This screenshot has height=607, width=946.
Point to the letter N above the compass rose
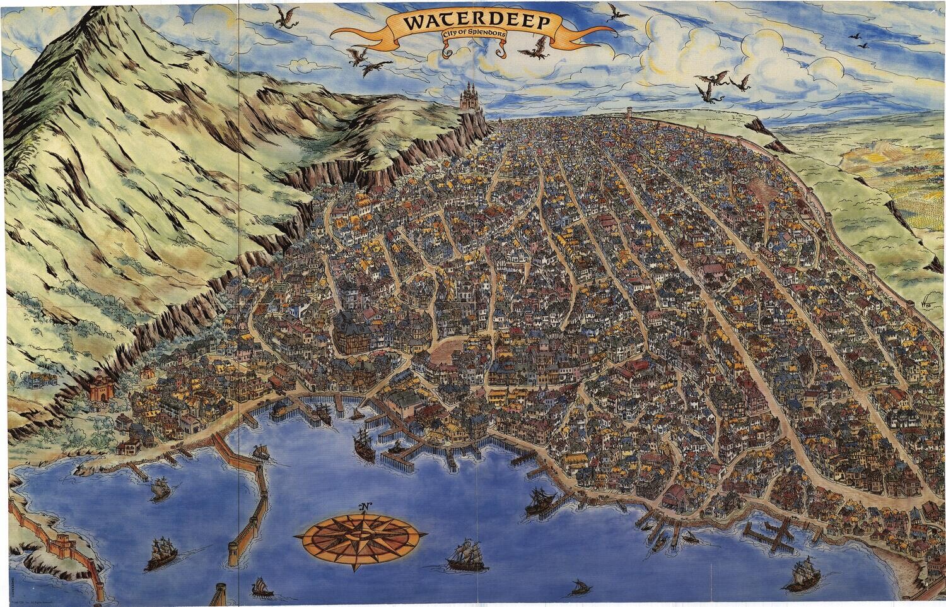pyautogui.click(x=365, y=506)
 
